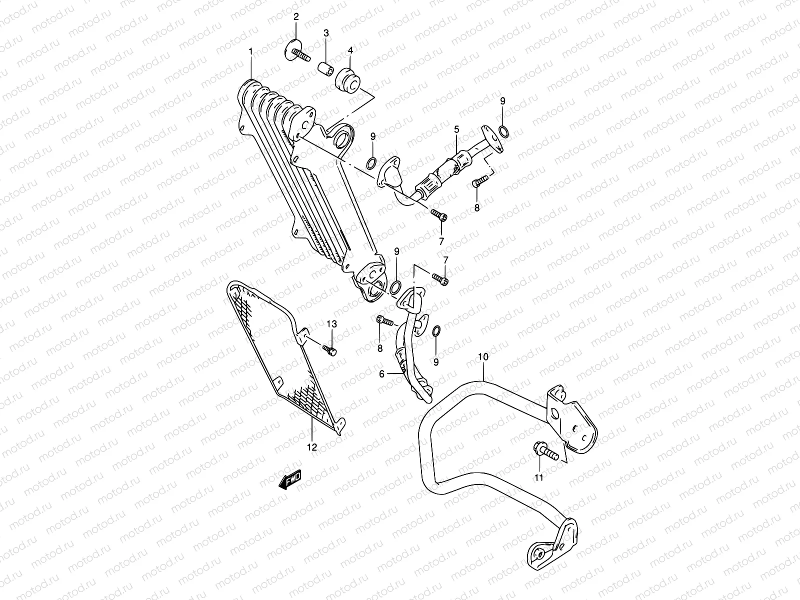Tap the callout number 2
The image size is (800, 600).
click(296, 17)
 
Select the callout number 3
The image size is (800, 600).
click(326, 33)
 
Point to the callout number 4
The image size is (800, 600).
click(350, 50)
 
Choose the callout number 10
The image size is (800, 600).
click(483, 357)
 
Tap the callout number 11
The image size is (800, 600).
click(538, 477)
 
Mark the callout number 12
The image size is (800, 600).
click(312, 447)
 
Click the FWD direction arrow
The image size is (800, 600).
click(290, 481)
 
